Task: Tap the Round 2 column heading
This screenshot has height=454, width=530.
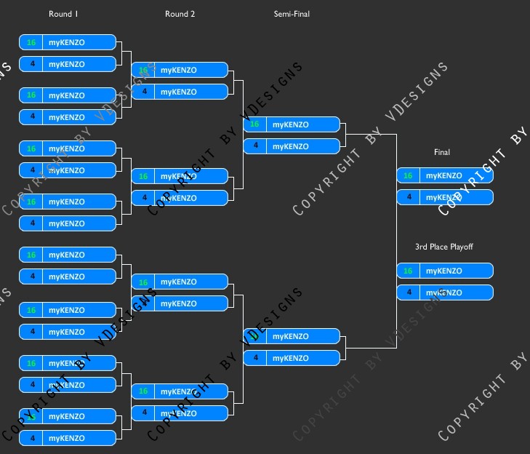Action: point(180,14)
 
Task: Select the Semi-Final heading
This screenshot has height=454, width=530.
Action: point(292,14)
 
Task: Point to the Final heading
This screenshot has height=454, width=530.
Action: point(442,152)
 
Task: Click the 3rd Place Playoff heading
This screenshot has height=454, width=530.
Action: point(443,247)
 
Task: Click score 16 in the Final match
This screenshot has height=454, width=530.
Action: point(408,175)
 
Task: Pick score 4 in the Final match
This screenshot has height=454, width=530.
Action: point(408,197)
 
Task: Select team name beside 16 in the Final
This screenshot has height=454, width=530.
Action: point(443,175)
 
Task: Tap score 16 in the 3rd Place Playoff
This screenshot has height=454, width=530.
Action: point(408,271)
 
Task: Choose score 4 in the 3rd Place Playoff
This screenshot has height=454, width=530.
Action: point(408,292)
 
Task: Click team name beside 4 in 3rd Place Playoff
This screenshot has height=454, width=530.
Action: point(443,292)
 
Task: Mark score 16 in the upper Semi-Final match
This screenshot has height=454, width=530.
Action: point(254,124)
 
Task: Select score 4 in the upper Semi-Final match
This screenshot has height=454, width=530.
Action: point(254,146)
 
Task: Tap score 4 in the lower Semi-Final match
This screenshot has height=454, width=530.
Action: point(254,358)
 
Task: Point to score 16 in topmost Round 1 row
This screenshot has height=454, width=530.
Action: point(31,42)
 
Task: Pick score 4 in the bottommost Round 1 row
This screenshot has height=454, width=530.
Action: point(31,438)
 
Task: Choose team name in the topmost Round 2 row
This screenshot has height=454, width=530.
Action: point(178,70)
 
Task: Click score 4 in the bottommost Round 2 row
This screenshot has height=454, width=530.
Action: point(144,413)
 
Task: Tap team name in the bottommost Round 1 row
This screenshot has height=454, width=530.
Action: point(66,438)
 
